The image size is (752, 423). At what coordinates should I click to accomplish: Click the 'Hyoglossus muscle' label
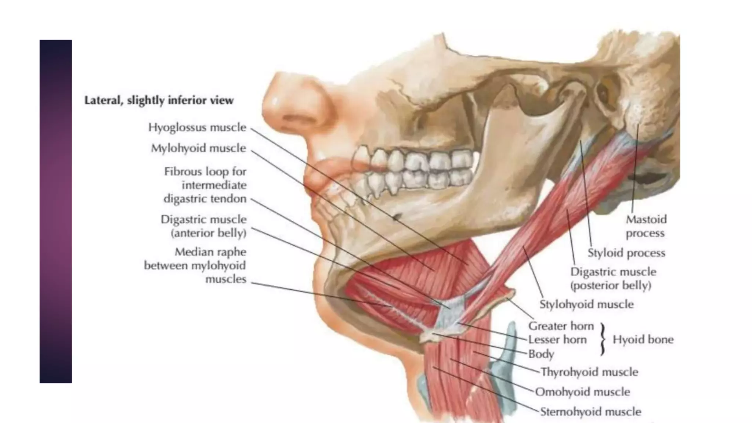(197, 127)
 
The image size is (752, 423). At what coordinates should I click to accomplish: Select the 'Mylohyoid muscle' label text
(198, 148)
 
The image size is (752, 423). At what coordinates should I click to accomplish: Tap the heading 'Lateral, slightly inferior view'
(159, 100)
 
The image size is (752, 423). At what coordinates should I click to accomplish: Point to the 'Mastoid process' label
(646, 226)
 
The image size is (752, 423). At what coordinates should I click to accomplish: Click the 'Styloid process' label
(626, 253)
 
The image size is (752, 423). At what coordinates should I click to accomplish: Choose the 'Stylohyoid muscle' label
(586, 304)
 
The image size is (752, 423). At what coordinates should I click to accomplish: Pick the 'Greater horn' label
(561, 326)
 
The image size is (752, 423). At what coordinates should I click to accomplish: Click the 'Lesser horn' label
(557, 340)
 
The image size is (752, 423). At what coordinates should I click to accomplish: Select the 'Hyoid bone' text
(643, 340)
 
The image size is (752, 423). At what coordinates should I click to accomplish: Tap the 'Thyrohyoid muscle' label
(589, 372)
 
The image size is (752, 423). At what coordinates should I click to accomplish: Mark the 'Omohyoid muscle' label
(582, 392)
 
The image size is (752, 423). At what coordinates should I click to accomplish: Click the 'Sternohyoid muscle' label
(590, 412)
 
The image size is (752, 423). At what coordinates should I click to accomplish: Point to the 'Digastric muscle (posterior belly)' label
(613, 279)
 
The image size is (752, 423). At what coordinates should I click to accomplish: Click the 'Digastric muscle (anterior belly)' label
(203, 226)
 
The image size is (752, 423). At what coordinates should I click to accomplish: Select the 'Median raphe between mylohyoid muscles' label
(195, 265)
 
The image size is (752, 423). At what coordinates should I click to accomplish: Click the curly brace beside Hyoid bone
(602, 340)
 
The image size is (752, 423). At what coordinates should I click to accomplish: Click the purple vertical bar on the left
(55, 211)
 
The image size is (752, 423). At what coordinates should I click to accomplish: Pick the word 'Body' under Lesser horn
(541, 354)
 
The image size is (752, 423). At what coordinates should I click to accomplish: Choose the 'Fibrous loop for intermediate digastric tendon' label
(205, 185)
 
